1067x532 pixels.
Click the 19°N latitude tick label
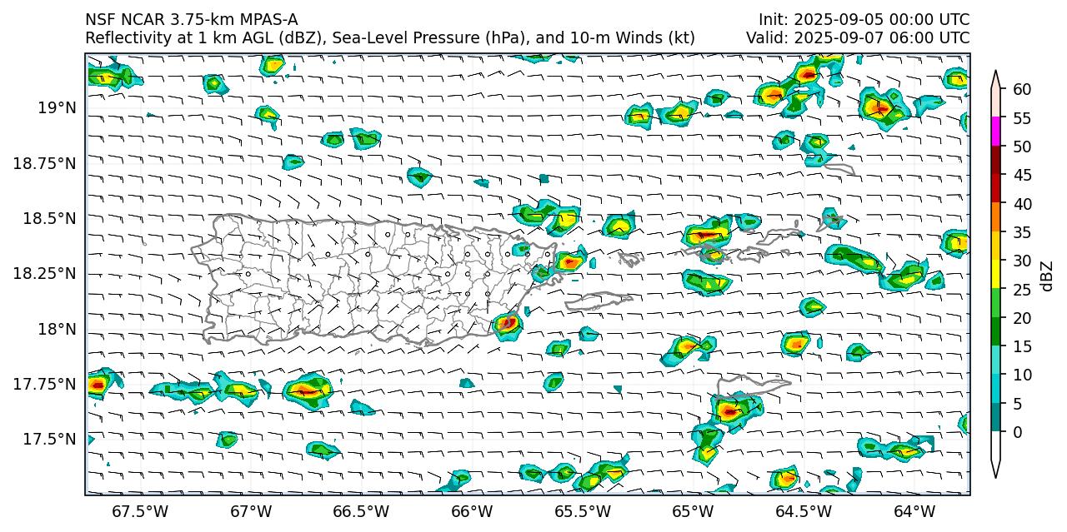click(57, 108)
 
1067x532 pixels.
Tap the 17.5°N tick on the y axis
click(51, 440)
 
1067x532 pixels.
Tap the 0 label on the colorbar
click(1016, 432)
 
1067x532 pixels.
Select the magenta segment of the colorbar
click(995, 132)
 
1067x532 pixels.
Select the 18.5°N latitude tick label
click(51, 219)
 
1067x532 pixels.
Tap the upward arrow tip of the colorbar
click(995, 73)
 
